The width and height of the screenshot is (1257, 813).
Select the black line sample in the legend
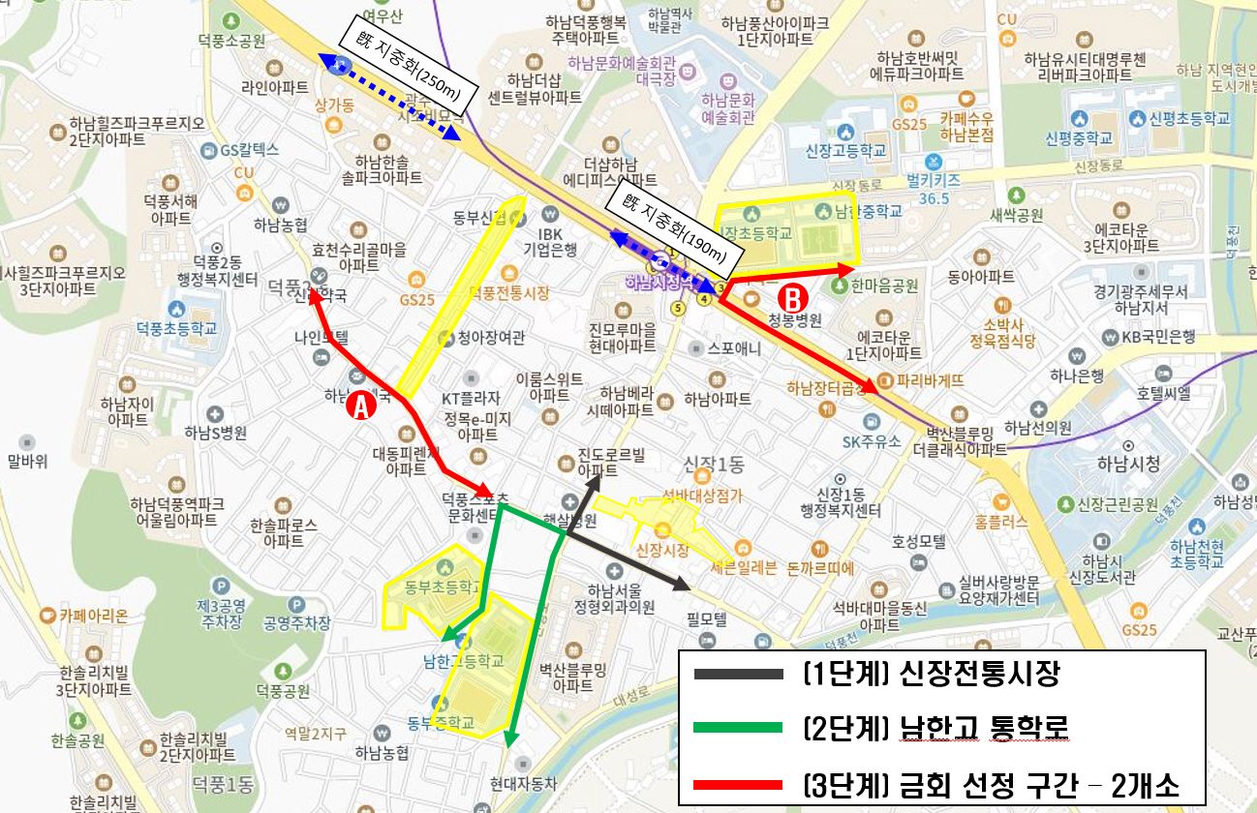click(x=732, y=674)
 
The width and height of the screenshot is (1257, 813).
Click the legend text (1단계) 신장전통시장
click(x=931, y=674)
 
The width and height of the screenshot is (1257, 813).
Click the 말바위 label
click(x=27, y=461)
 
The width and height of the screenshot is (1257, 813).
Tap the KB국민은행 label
click(x=1158, y=337)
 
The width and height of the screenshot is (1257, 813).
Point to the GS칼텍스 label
click(x=249, y=150)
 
